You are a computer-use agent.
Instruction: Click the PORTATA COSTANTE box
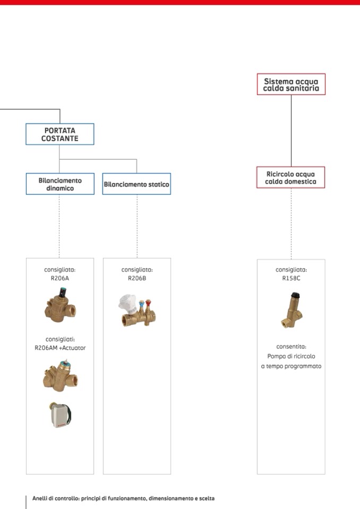point(60,134)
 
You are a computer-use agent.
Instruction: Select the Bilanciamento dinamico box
point(60,184)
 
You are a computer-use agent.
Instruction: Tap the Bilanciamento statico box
point(136,184)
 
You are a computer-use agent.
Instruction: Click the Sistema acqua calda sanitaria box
point(291,84)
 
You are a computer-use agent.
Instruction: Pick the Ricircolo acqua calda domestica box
point(291,177)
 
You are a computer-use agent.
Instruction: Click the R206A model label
point(60,278)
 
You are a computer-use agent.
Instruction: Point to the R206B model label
point(136,278)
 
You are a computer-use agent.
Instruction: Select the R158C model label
point(291,278)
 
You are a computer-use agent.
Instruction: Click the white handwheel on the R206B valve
point(127,301)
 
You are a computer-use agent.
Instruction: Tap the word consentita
point(291,346)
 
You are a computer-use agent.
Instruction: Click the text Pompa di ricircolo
point(291,356)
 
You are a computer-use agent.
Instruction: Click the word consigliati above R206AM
point(60,339)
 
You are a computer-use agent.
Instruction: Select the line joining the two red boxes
point(291,131)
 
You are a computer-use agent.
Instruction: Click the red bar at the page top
point(180,2)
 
